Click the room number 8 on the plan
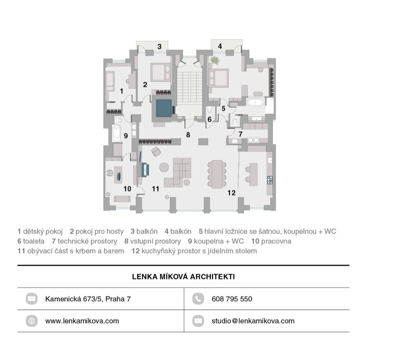(x=188, y=135)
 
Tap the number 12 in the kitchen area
(x=231, y=193)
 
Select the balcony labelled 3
(x=152, y=46)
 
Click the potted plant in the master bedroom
(x=214, y=61)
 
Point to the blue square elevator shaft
(x=164, y=108)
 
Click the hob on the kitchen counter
(x=269, y=180)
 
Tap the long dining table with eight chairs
(x=216, y=174)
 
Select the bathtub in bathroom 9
(x=117, y=133)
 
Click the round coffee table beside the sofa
(x=164, y=167)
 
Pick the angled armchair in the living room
(x=156, y=151)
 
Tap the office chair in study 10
(x=109, y=173)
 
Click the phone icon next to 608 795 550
(x=198, y=299)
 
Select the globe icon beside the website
(x=32, y=321)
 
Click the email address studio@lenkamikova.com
(x=253, y=321)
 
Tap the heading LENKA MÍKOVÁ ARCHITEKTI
(x=183, y=276)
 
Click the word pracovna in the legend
(x=276, y=241)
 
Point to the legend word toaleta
(x=34, y=241)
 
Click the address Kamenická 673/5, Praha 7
(x=88, y=299)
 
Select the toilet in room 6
(x=210, y=111)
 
